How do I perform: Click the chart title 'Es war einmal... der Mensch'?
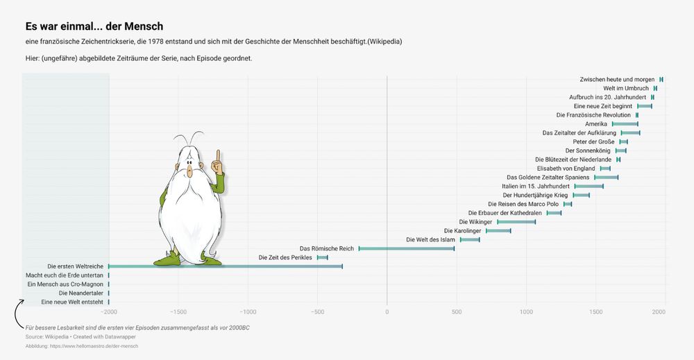94,26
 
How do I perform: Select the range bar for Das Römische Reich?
407,248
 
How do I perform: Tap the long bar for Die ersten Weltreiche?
225,266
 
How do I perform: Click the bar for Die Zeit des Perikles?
322,257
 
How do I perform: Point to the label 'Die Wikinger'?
475,222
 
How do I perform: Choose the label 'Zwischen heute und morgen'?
617,80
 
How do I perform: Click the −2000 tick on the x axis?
109,311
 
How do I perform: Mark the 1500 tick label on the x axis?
595,311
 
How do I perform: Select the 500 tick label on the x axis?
456,311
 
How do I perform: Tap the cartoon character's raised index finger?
218,155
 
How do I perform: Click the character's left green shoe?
167,260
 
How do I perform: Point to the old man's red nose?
189,169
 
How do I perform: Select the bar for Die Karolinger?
498,230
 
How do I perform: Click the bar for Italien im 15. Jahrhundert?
589,187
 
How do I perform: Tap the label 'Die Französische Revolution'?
593,115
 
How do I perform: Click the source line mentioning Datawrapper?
81,336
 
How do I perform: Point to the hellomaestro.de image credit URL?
82,346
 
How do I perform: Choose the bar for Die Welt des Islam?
469,239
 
